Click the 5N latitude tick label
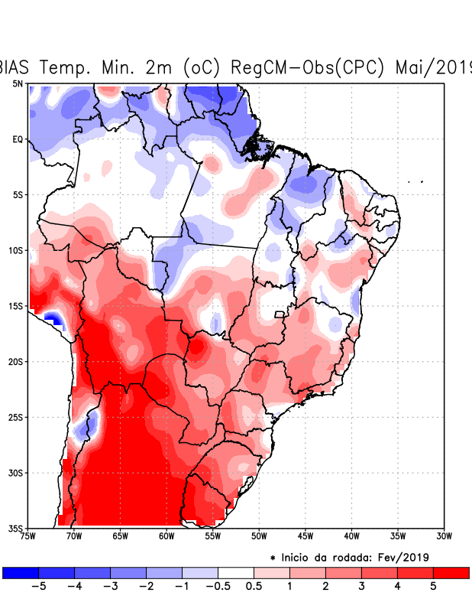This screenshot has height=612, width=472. click(18, 83)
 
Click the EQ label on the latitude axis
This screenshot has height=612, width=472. click(18, 139)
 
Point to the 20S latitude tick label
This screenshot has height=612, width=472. click(15, 361)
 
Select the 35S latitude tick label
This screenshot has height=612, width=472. click(15, 528)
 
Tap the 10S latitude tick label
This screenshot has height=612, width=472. click(15, 250)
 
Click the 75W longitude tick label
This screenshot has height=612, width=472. click(27, 536)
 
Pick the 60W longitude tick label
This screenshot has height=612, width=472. click(166, 536)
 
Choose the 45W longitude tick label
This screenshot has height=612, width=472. click(305, 536)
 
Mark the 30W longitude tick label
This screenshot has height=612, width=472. click(444, 536)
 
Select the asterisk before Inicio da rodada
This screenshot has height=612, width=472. click(273, 558)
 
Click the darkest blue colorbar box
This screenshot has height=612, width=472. click(20, 572)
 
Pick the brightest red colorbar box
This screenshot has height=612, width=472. click(451, 572)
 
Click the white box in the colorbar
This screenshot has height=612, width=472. click(235, 572)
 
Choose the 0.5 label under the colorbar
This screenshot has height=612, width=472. click(254, 588)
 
